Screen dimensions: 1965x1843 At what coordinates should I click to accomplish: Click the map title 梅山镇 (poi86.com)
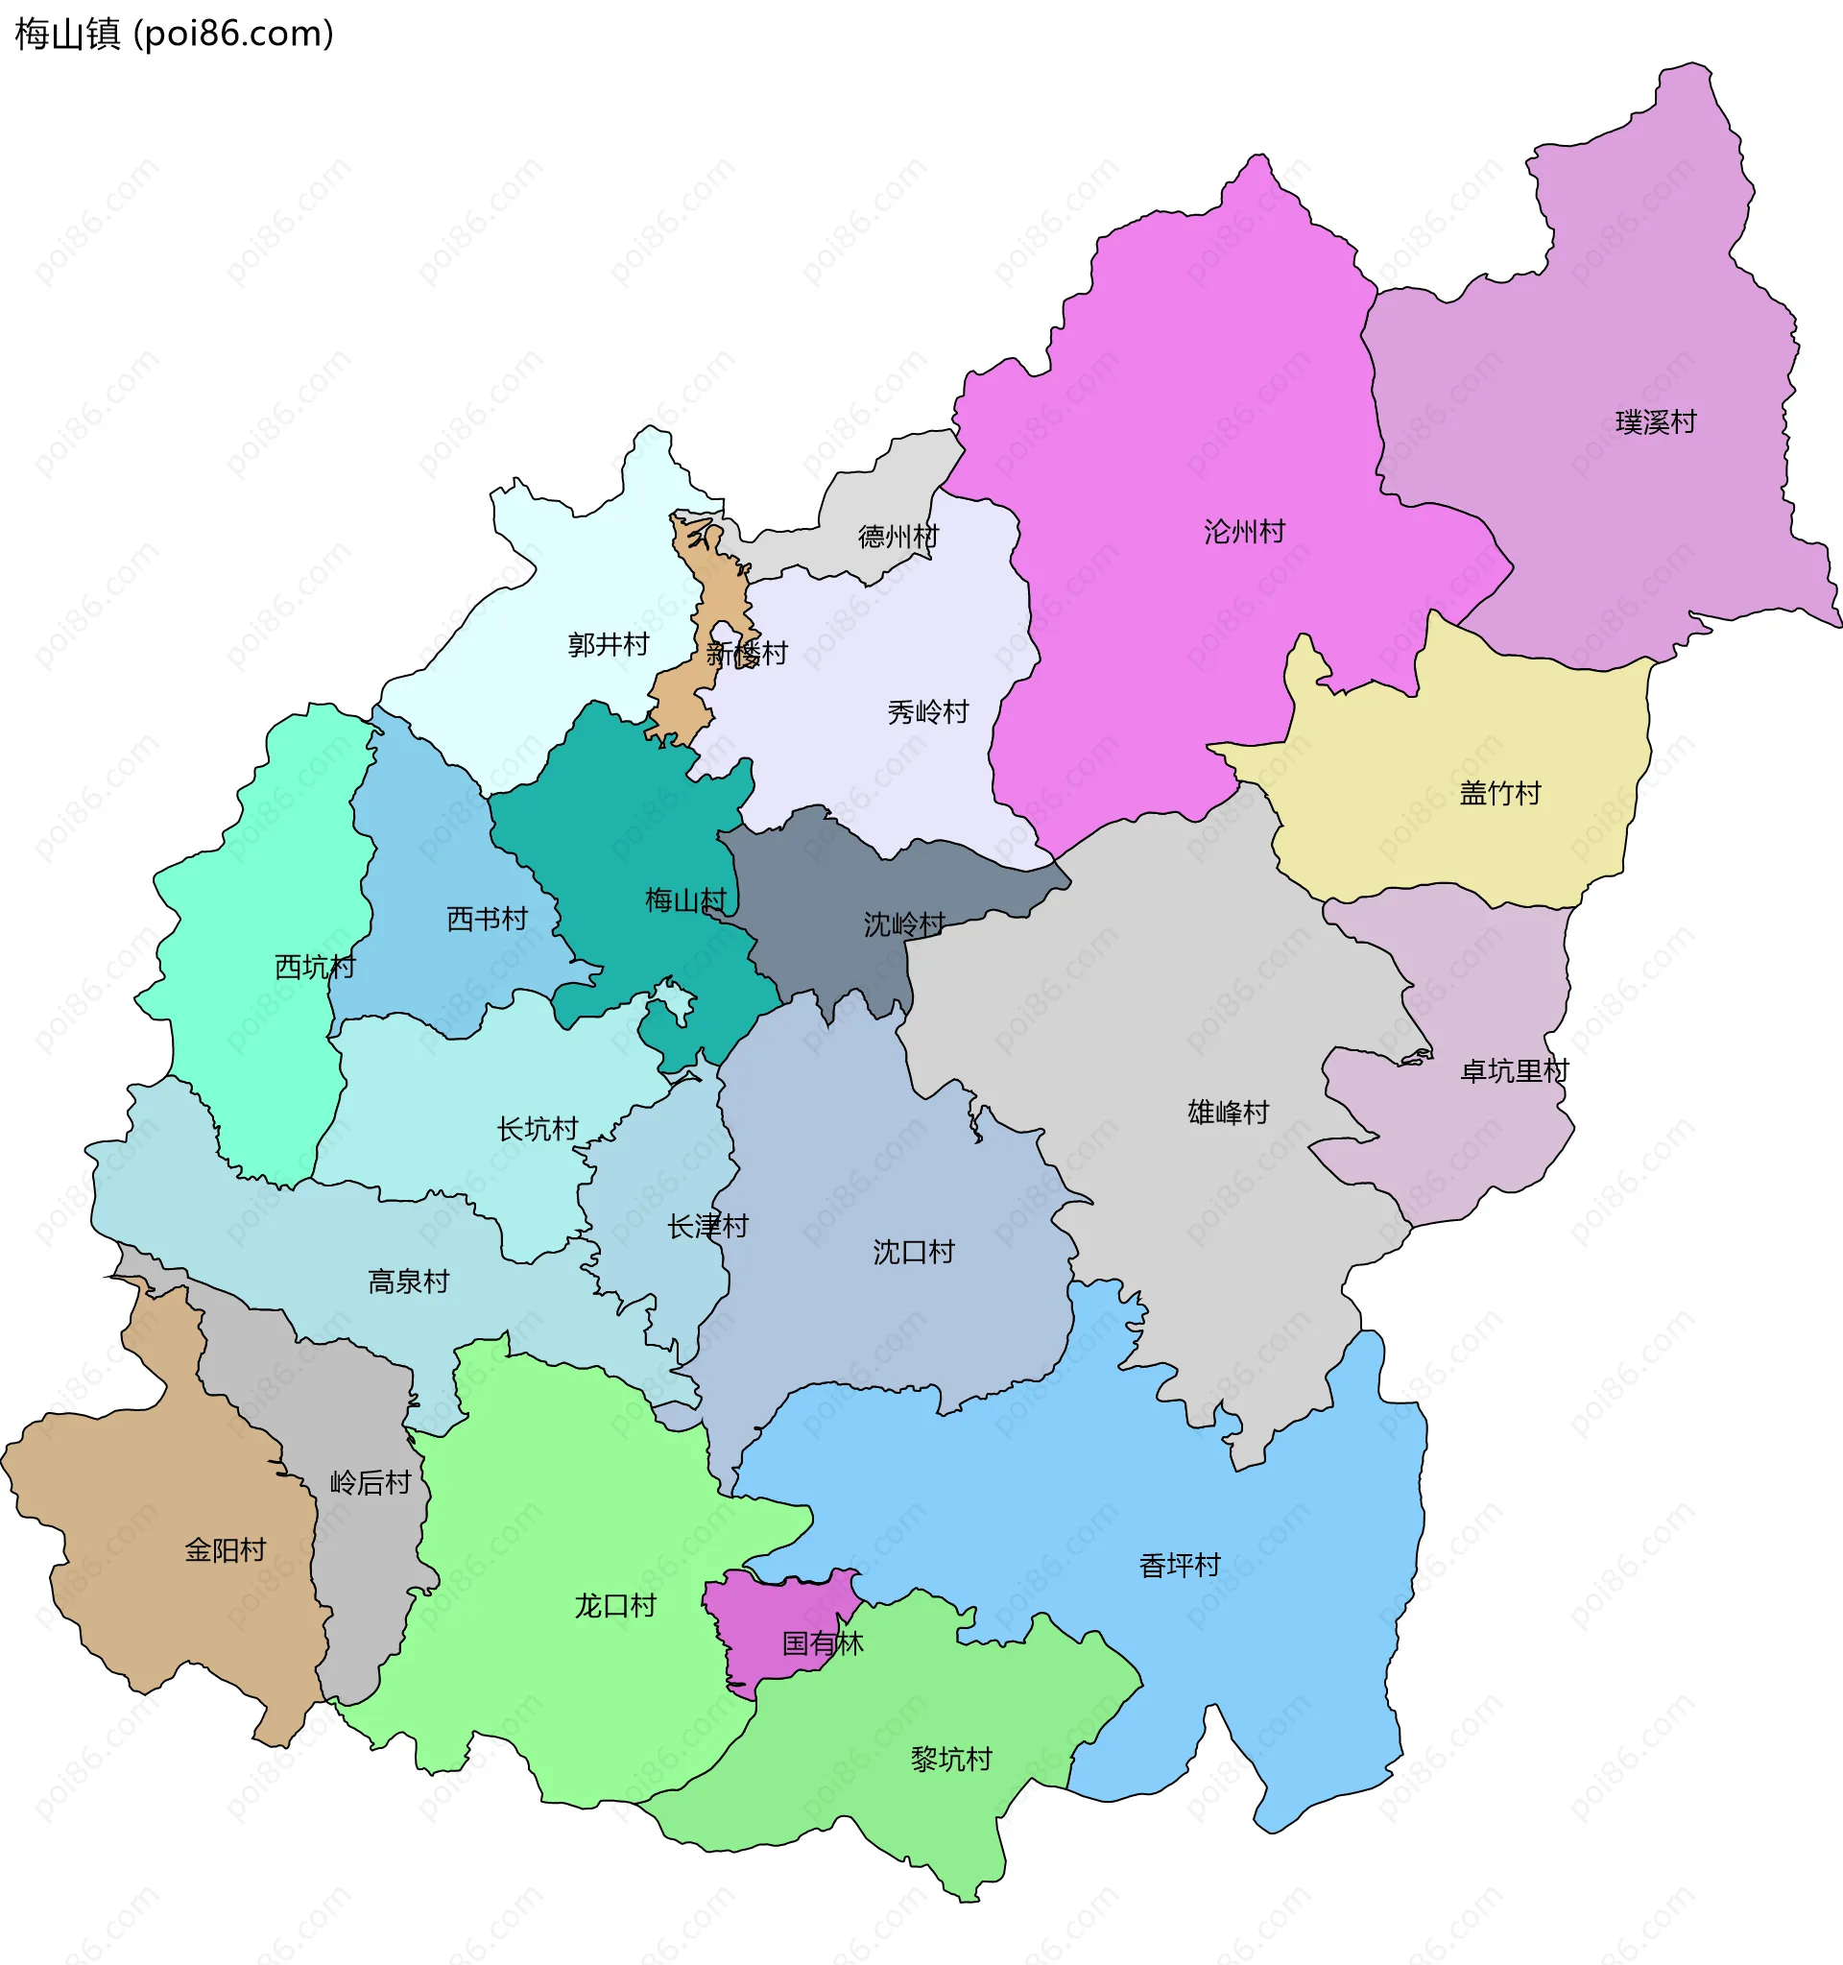[x=174, y=34]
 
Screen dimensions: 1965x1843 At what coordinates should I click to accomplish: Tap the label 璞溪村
[x=1655, y=422]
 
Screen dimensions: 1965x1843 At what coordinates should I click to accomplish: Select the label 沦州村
[x=1244, y=532]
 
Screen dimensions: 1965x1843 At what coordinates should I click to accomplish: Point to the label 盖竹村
[x=1499, y=793]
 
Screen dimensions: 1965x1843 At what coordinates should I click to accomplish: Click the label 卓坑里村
[x=1514, y=1070]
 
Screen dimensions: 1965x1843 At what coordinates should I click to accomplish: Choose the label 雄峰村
[x=1228, y=1112]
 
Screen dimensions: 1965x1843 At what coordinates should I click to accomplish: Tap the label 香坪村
[x=1179, y=1565]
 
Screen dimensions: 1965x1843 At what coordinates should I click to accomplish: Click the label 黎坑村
[x=950, y=1759]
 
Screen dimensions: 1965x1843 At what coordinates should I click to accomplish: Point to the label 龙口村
[x=614, y=1605]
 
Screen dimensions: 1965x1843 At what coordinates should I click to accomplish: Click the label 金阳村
[x=226, y=1550]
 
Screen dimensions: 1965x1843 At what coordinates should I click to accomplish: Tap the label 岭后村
[x=370, y=1483]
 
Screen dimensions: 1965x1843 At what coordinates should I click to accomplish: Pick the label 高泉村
[x=408, y=1282]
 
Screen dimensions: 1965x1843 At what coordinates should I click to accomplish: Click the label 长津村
[x=707, y=1227]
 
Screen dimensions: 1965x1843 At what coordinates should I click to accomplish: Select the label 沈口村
[x=913, y=1253]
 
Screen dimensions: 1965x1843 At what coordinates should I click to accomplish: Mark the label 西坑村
[x=314, y=967]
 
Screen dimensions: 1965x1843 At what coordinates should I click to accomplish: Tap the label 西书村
[x=488, y=920]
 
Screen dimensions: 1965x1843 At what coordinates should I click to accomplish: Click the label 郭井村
[x=608, y=644]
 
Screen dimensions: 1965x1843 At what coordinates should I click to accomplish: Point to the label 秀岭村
[x=927, y=711]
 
